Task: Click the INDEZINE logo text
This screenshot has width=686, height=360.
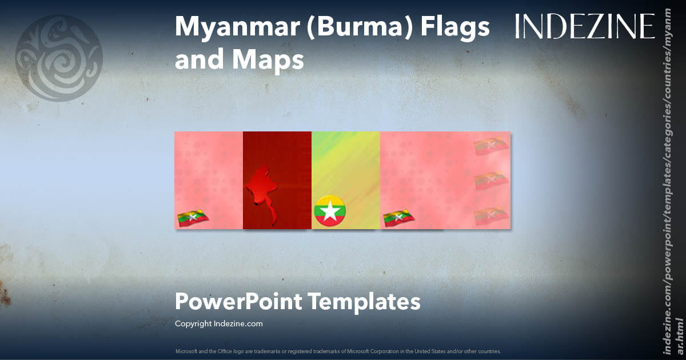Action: point(585,26)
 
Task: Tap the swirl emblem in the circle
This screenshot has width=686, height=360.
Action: point(59,58)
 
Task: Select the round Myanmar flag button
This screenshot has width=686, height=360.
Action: point(329,210)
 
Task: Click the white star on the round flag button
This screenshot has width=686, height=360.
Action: point(329,211)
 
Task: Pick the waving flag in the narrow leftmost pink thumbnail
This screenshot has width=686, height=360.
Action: point(193,218)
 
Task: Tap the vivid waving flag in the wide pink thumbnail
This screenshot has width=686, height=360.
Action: point(398,218)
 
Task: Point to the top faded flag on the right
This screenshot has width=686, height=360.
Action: point(491,146)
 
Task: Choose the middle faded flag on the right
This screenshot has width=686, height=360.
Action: point(491,181)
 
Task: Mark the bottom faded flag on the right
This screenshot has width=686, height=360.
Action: point(491,216)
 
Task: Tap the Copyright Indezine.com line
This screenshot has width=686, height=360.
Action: point(218,323)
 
